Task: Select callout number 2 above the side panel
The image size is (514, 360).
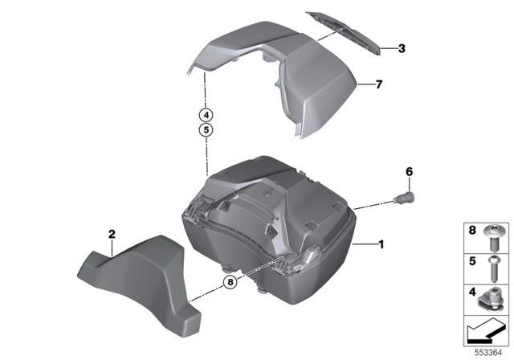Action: (112, 233)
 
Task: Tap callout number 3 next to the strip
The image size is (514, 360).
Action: (402, 48)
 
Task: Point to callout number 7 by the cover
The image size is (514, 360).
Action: (380, 84)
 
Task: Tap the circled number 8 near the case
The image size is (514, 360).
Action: (231, 281)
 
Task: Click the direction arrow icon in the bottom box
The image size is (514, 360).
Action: (487, 329)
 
